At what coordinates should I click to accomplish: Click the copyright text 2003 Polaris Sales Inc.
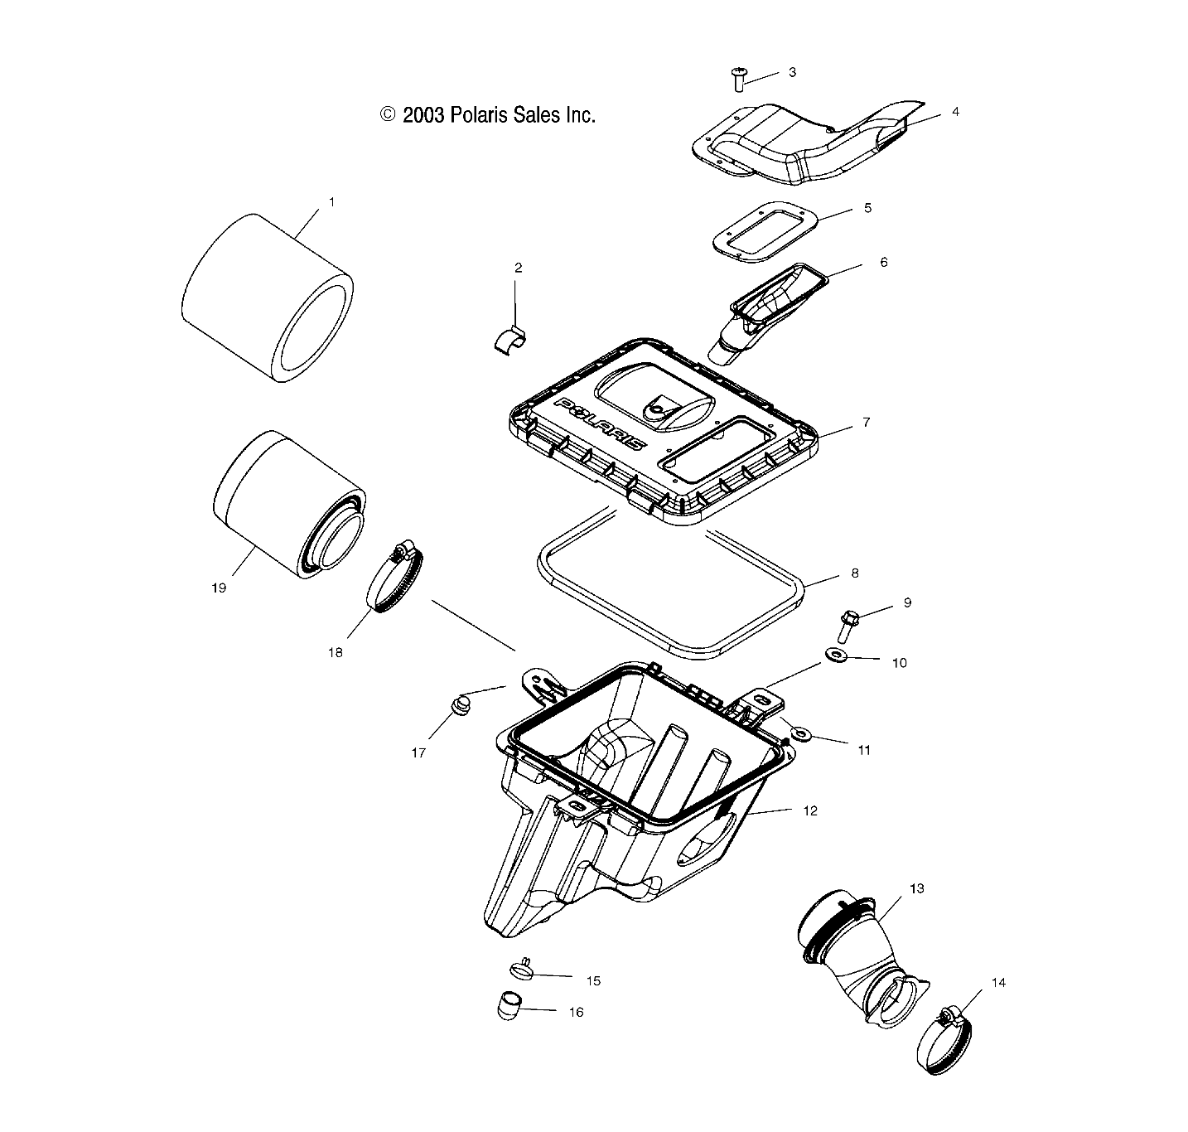point(488,115)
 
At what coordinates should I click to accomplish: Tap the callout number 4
point(955,111)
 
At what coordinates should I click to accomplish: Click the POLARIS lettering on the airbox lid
point(601,421)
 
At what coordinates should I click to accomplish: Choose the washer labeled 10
point(835,657)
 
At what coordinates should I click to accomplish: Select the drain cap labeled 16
point(513,1007)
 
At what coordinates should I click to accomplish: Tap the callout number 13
point(916,888)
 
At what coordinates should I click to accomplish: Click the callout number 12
point(810,810)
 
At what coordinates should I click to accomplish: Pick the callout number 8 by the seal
point(855,573)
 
